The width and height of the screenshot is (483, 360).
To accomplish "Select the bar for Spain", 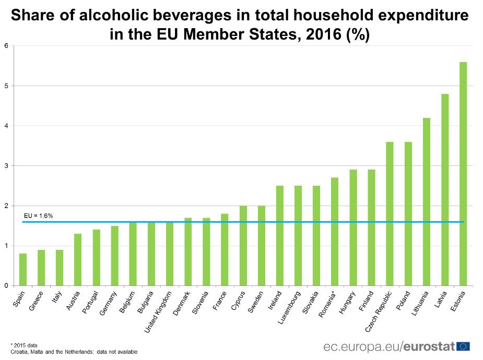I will tap(23, 270).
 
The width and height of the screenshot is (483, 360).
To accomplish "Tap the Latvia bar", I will tap(444, 190).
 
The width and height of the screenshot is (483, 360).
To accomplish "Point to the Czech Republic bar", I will tap(390, 214).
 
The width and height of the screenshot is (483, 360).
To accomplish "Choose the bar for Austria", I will tap(78, 260).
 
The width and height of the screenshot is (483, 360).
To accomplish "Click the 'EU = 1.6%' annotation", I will tap(39, 215).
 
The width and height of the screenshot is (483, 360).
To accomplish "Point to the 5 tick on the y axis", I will tap(7, 86).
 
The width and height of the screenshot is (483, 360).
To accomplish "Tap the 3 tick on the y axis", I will tap(7, 166).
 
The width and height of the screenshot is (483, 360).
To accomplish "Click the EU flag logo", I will tap(463, 346).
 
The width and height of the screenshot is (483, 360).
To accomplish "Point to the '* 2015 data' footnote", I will tap(24, 345).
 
